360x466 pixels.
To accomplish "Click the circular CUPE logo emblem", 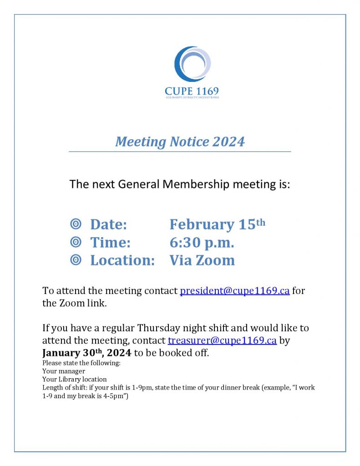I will pyautogui.click(x=192, y=64).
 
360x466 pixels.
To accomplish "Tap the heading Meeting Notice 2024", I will pyautogui.click(x=180, y=142).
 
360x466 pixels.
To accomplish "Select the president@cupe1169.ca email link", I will pyautogui.click(x=235, y=291).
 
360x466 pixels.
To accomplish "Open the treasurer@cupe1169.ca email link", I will pyautogui.click(x=222, y=340).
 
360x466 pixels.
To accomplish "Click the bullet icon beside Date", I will pyautogui.click(x=76, y=224).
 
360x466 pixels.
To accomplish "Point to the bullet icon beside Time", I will pyautogui.click(x=76, y=242).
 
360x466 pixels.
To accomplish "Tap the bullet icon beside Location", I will pyautogui.click(x=76, y=260).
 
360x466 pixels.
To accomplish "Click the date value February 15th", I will pyautogui.click(x=217, y=224).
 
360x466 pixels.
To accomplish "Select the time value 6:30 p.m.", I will pyautogui.click(x=202, y=243).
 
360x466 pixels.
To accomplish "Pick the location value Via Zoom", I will pyautogui.click(x=202, y=260).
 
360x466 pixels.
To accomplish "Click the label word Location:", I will pyautogui.click(x=122, y=260).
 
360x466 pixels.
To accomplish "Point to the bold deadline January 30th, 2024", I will pyautogui.click(x=86, y=353).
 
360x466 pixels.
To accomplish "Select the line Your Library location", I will pyautogui.click(x=75, y=379).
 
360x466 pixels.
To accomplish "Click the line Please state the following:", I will pyautogui.click(x=81, y=363).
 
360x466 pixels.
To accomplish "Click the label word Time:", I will pyautogui.click(x=110, y=243).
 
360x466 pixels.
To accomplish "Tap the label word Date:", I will pyautogui.click(x=108, y=224).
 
